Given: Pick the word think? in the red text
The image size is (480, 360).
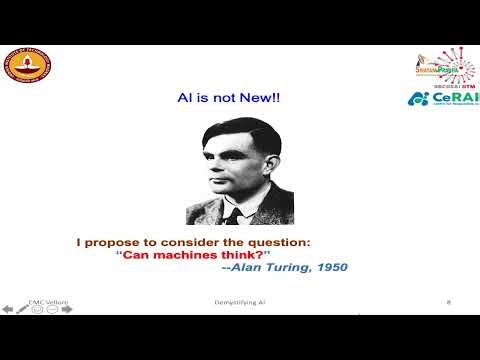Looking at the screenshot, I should pos(256,254).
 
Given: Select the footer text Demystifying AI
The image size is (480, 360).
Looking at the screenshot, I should pos(240,300).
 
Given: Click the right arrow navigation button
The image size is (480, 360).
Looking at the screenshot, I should pos(67,309).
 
